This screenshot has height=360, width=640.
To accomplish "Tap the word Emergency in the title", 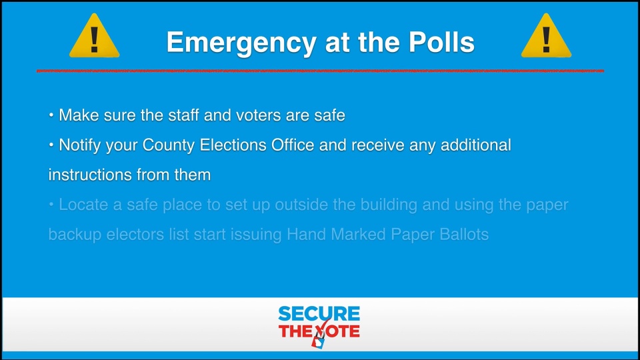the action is point(241,43).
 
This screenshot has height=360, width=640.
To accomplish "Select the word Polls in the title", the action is point(441,41).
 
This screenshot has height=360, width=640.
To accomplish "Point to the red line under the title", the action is point(320,71).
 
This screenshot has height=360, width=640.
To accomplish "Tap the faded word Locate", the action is point(83,205).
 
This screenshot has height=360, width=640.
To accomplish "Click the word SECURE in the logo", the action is point(319,314).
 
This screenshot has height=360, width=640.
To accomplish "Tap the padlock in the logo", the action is point(318,341).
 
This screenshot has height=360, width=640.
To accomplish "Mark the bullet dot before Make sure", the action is point(51,115).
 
